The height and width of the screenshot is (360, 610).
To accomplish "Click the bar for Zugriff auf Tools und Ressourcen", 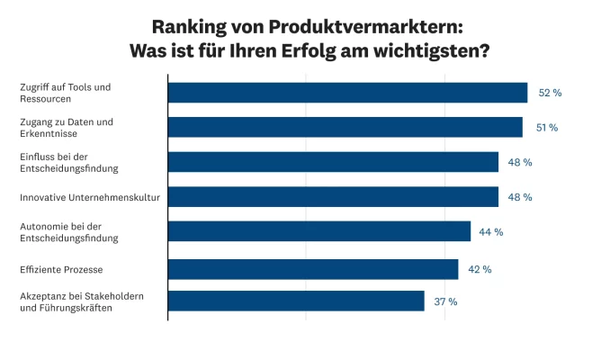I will tap(347, 93).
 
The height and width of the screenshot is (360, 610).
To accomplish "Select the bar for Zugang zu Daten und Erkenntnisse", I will tap(345, 127).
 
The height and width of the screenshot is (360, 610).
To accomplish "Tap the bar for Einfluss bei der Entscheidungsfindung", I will tap(333, 162).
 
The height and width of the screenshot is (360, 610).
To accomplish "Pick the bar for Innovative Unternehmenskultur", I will tap(333, 196).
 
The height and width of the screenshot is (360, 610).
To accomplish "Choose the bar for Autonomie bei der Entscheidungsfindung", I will tap(319, 231).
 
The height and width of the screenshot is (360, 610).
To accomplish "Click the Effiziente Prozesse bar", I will tap(313, 269).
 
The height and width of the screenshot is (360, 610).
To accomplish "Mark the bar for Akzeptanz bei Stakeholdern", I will tap(296, 301).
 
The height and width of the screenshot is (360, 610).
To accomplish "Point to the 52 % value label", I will tap(550, 93).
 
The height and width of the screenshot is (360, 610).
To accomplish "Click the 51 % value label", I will tap(547, 128).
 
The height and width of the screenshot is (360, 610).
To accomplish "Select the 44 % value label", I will tap(490, 232).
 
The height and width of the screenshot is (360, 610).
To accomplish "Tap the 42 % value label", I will tap(479, 269).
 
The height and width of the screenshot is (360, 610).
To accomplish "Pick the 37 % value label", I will tap(445, 301).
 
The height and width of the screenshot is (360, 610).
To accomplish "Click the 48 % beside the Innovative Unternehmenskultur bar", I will tap(520, 197).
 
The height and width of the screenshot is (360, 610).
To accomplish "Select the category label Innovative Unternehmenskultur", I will tap(89, 196).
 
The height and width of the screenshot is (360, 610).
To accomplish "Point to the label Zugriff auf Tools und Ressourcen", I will tap(65, 93).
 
